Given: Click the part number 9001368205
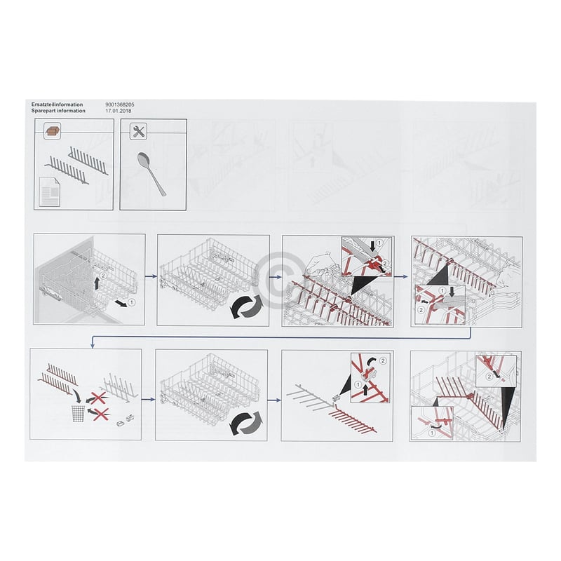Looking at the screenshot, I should click(x=120, y=104).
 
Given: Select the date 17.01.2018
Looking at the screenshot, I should click(x=117, y=111).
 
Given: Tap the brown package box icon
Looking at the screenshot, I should click(x=52, y=130).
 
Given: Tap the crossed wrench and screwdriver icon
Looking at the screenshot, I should click(x=139, y=130).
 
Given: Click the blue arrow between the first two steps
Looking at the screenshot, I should click(x=151, y=278).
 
